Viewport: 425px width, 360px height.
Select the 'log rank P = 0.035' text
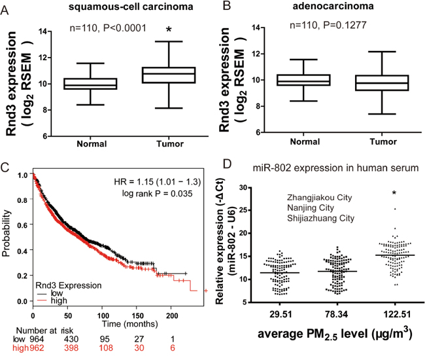click(161, 194)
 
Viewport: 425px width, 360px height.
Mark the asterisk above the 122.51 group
click(394, 193)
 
